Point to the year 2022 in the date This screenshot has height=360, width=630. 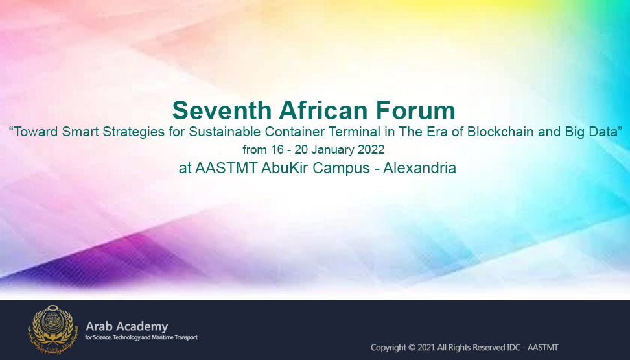pyautogui.click(x=371, y=150)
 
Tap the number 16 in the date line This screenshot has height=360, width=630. pyautogui.click(x=277, y=150)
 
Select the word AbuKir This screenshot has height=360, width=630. pyautogui.click(x=285, y=168)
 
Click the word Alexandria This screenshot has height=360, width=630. pyautogui.click(x=419, y=168)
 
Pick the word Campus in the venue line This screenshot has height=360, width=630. pyautogui.click(x=341, y=168)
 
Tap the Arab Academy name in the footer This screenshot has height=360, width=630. pyautogui.click(x=127, y=326)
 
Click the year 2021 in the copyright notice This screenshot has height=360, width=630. pyautogui.click(x=426, y=348)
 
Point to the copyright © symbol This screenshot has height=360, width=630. pyautogui.click(x=412, y=348)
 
